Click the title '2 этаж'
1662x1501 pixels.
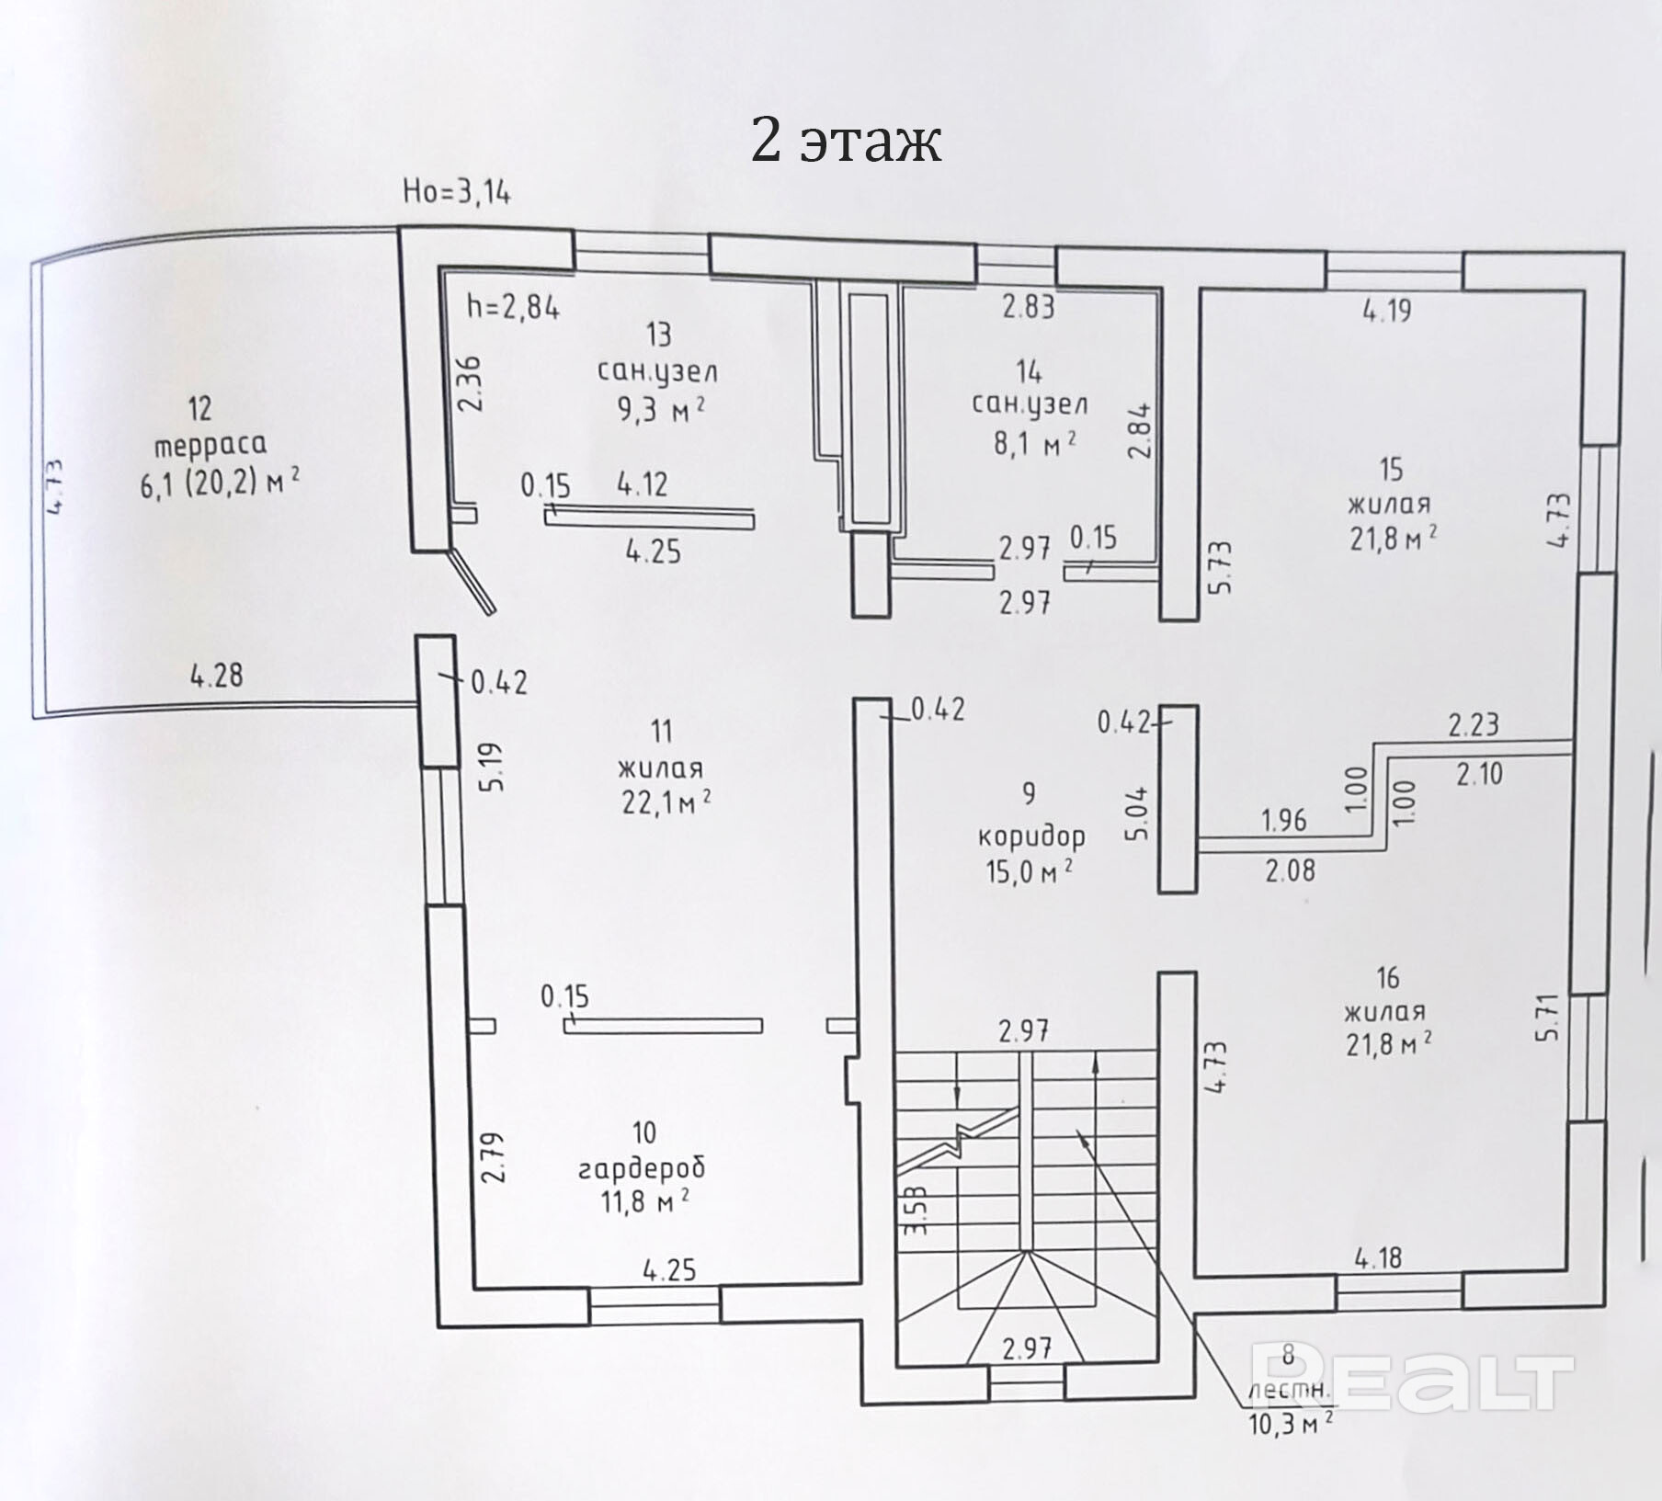coord(846,142)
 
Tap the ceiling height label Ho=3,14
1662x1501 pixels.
coord(457,192)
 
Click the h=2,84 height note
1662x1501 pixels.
coord(513,305)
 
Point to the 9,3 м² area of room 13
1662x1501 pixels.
coord(661,407)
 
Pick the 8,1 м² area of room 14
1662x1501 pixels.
coord(1034,445)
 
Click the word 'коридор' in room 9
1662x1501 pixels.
coord(1030,836)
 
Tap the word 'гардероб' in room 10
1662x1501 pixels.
coord(642,1168)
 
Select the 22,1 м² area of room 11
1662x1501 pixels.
coord(666,802)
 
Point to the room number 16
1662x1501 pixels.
coord(1388,977)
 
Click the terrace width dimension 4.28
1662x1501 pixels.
coord(217,676)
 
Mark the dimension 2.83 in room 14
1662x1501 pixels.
coord(1028,306)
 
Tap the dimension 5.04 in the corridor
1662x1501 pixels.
coord(1137,813)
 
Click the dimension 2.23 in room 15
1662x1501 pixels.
coord(1474,725)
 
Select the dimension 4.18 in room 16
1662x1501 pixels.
coord(1378,1257)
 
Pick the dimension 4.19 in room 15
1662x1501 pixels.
coord(1386,311)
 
